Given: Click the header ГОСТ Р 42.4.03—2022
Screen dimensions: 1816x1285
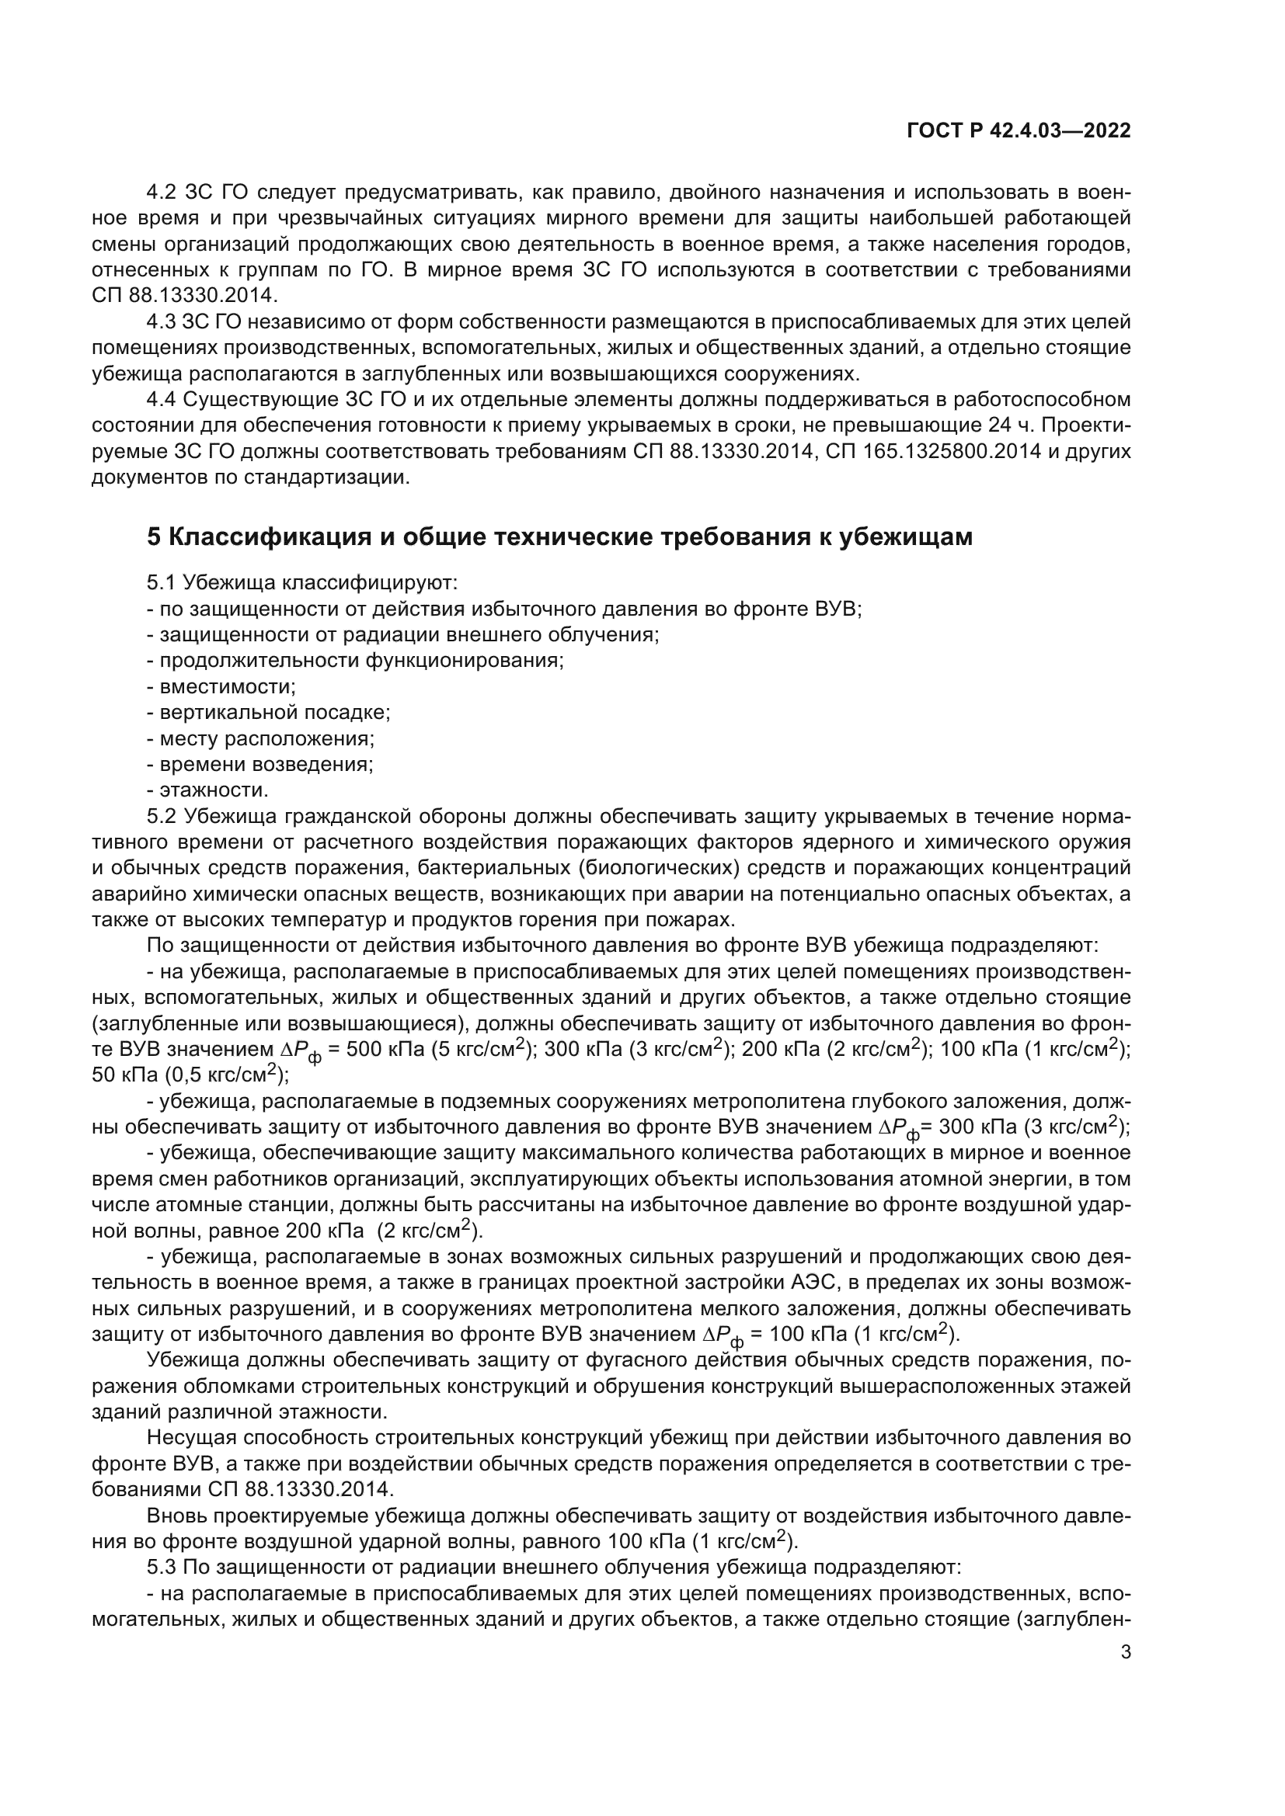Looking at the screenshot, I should tap(1019, 131).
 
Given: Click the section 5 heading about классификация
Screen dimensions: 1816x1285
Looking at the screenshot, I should tap(559, 537).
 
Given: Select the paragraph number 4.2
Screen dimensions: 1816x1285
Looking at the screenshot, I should tap(162, 193).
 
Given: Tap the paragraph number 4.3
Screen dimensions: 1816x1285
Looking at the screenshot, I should tap(161, 322).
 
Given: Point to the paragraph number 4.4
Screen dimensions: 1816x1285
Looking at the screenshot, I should tap(162, 399).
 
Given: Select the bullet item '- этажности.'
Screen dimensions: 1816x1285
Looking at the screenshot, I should tap(207, 790).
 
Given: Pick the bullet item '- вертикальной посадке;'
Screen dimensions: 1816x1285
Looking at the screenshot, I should tap(268, 712).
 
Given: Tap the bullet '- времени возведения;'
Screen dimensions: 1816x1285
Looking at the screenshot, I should tap(259, 764).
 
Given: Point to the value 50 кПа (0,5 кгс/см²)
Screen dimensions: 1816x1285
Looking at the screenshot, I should tap(190, 1075).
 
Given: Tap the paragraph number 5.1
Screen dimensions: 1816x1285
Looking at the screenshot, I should tap(162, 583).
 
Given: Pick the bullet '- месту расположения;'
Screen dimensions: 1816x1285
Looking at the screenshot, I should tap(260, 738).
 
